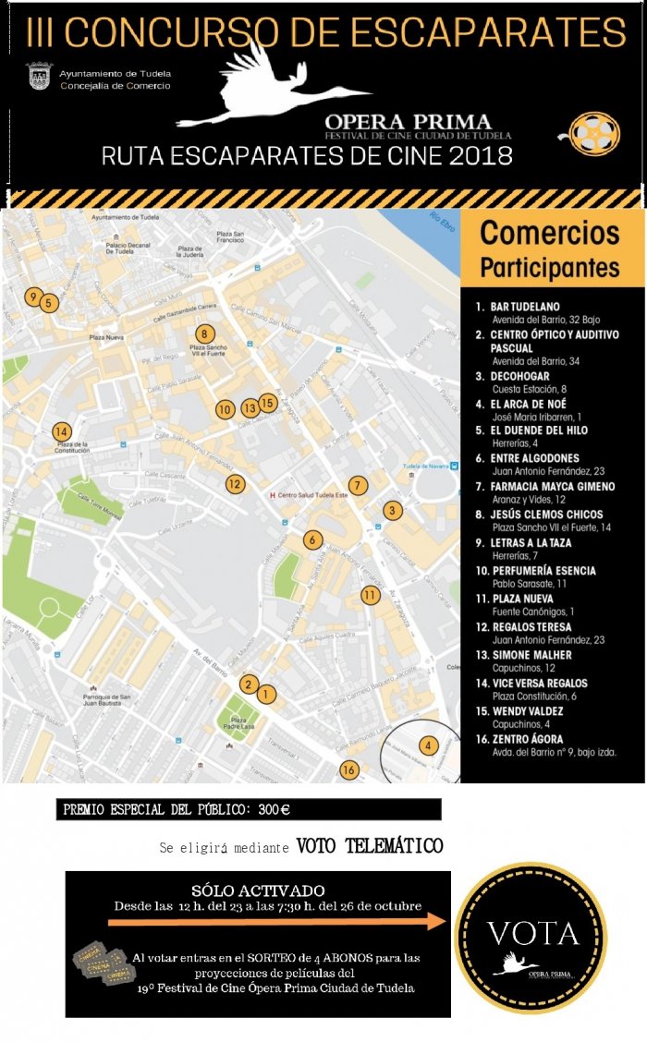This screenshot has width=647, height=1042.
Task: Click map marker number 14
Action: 61,431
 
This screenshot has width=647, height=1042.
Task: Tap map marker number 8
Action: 205,334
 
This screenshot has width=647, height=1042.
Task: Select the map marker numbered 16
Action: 348,769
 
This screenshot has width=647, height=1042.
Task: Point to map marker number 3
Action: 393,510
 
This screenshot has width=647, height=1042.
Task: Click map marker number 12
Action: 235,483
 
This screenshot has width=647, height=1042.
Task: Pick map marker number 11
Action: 371,595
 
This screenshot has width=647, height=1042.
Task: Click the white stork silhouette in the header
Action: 268,88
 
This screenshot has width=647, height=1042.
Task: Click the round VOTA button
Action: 531,937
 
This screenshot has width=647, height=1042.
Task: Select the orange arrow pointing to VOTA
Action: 277,922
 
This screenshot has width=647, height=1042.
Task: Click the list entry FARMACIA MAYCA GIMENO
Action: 552,486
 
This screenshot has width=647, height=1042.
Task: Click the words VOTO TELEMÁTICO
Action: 369,846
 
